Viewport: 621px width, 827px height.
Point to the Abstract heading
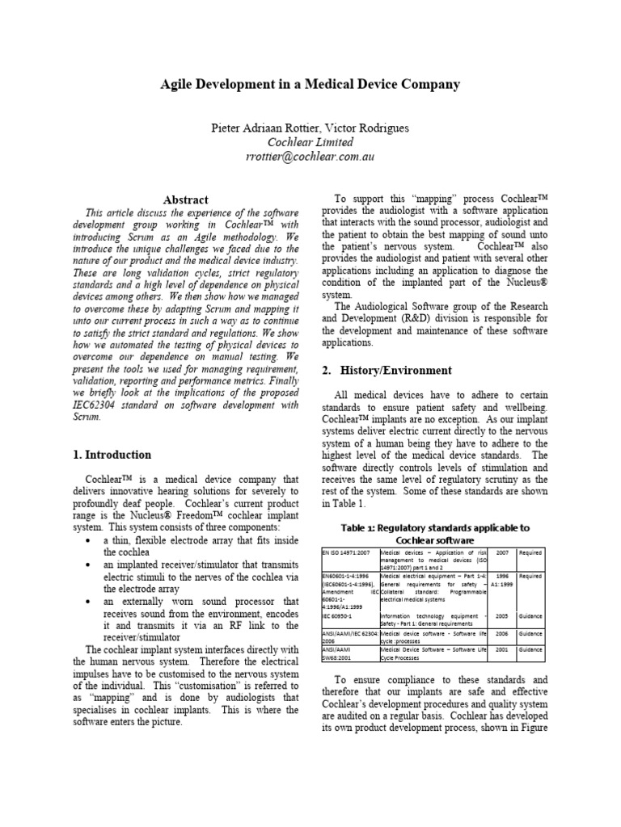(x=186, y=199)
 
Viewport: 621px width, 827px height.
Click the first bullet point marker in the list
(x=88, y=539)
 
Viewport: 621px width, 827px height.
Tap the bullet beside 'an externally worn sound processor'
(x=88, y=602)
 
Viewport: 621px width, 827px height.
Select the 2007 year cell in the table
(x=503, y=552)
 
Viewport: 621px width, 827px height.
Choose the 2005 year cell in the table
(x=503, y=615)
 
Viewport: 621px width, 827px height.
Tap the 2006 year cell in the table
(x=503, y=635)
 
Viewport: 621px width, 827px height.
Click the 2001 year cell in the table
(x=503, y=649)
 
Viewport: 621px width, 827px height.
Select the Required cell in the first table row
(x=530, y=552)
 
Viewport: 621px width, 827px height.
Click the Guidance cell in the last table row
(x=530, y=649)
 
